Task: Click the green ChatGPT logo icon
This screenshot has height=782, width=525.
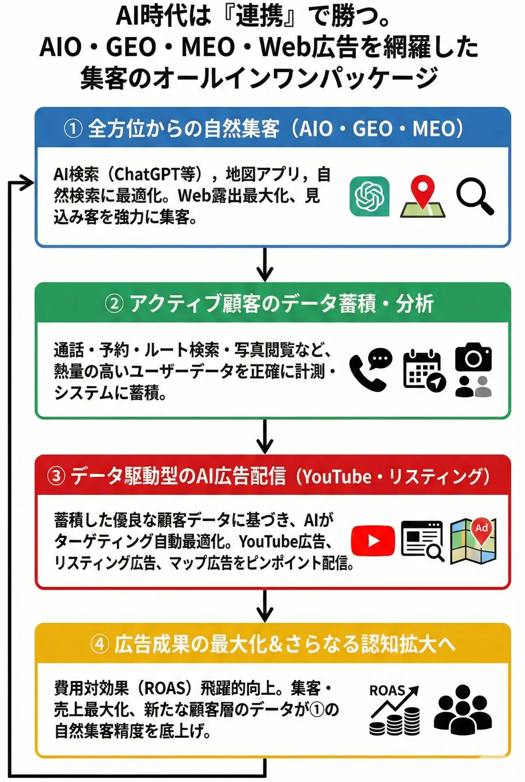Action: tap(369, 196)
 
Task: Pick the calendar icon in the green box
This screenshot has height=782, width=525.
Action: tap(424, 370)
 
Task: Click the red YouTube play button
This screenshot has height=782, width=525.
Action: tap(373, 540)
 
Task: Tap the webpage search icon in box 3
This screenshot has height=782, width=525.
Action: tap(422, 540)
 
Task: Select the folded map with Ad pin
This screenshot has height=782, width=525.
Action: tap(473, 540)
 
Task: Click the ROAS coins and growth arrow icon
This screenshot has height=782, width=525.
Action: tap(394, 710)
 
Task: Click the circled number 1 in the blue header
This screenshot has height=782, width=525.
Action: tap(73, 129)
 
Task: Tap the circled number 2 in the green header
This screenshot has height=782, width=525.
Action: tap(114, 304)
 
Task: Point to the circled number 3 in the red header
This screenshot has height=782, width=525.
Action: tap(56, 476)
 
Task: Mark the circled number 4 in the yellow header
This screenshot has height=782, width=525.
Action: tap(100, 644)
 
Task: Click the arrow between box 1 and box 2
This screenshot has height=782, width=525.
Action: tap(265, 265)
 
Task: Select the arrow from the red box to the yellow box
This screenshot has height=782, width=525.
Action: tap(265, 606)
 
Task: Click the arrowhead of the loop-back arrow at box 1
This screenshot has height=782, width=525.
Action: tap(29, 183)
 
